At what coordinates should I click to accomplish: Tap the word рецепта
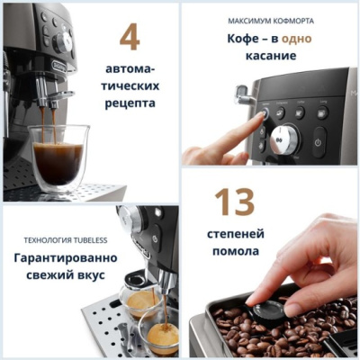click(x=130, y=103)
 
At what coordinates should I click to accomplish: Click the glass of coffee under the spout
click(x=58, y=155)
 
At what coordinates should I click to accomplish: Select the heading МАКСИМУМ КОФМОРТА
click(x=271, y=19)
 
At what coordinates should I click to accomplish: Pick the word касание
click(x=270, y=56)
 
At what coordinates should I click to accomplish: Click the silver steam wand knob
click(x=241, y=94)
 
